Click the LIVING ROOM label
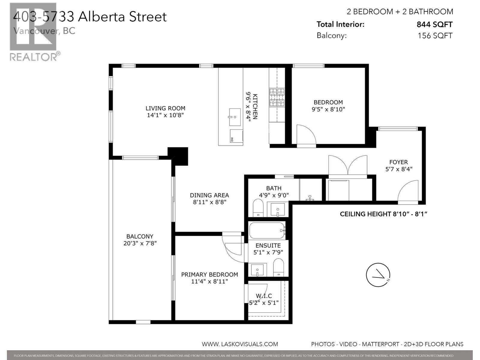[165, 108]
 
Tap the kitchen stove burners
[277, 97]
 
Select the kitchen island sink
[235, 117]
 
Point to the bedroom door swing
[305, 135]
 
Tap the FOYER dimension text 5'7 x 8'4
[399, 169]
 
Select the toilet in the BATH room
[258, 208]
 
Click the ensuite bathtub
[267, 230]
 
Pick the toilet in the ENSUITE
[278, 267]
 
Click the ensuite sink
[258, 270]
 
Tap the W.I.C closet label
[264, 296]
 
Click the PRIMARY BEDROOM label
[209, 274]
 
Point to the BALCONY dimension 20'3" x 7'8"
[140, 243]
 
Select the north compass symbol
[378, 275]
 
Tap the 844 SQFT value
[434, 25]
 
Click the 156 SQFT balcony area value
[435, 36]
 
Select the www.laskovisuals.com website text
[240, 344]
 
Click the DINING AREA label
[209, 195]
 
